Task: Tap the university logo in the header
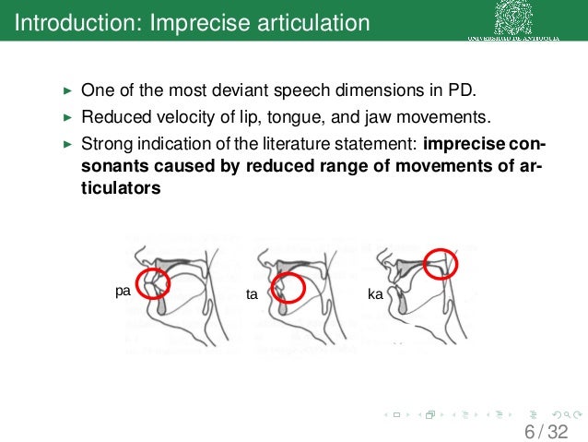(x=517, y=18)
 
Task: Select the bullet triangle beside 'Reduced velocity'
(x=65, y=118)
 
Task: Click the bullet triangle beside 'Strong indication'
(x=65, y=144)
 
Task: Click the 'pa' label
(x=122, y=291)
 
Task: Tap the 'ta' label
(x=251, y=295)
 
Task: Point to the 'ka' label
(x=375, y=295)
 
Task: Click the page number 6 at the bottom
(x=530, y=431)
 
